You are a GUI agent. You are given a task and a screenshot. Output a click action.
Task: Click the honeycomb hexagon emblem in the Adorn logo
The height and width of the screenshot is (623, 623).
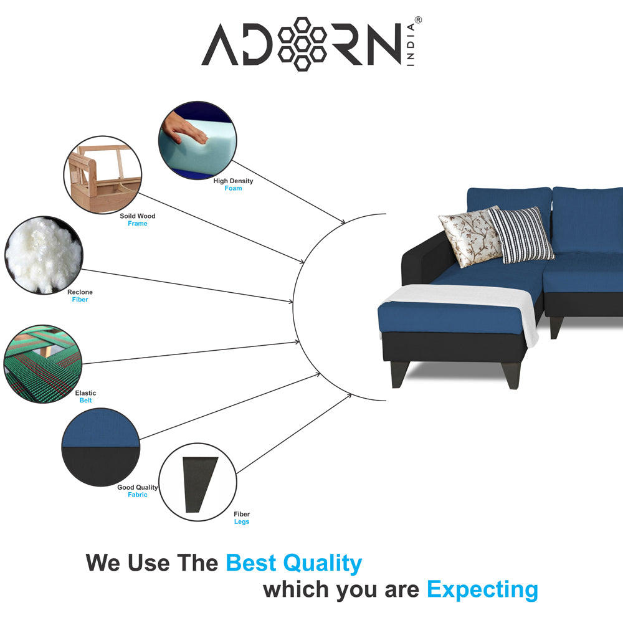pos(302,44)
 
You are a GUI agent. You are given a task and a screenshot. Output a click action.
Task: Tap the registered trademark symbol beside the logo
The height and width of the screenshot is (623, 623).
pos(418,20)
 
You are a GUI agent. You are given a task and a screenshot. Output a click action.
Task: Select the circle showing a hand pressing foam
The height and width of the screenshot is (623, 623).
pos(197,140)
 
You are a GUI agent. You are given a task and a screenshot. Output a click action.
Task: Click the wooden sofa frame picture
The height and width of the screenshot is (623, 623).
pos(103,175)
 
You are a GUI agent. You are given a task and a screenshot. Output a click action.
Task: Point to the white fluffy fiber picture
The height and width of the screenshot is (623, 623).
pos(44,255)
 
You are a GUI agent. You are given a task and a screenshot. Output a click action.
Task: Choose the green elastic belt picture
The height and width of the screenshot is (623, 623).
pos(42,364)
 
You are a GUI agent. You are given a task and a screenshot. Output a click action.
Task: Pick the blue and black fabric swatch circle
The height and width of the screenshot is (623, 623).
pos(101,447)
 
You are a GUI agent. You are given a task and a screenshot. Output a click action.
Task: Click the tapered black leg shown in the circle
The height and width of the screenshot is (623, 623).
pos(200,485)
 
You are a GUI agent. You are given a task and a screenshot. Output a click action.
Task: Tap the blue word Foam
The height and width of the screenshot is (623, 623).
pos(233,188)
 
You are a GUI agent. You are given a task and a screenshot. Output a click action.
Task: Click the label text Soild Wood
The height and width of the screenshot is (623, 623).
pos(138,216)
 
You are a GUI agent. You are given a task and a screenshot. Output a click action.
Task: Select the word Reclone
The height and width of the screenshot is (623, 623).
pos(80,292)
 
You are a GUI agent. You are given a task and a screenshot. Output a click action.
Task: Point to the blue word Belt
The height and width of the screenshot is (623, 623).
pos(85,401)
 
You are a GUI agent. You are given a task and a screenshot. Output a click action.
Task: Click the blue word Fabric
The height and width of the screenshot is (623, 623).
pos(138,495)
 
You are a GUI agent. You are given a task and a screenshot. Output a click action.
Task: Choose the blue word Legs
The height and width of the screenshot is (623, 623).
pos(242,521)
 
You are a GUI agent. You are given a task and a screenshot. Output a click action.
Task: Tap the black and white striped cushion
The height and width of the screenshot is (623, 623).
pos(520,234)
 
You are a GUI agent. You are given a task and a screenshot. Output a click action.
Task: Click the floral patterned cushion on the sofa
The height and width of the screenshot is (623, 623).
pos(470,237)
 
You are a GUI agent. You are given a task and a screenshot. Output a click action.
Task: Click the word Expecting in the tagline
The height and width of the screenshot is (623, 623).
pos(482,590)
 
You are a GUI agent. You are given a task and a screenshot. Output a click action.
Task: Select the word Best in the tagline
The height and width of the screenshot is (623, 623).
pos(250,563)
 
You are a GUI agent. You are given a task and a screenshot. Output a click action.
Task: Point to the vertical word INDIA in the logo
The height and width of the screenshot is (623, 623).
pos(411,44)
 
